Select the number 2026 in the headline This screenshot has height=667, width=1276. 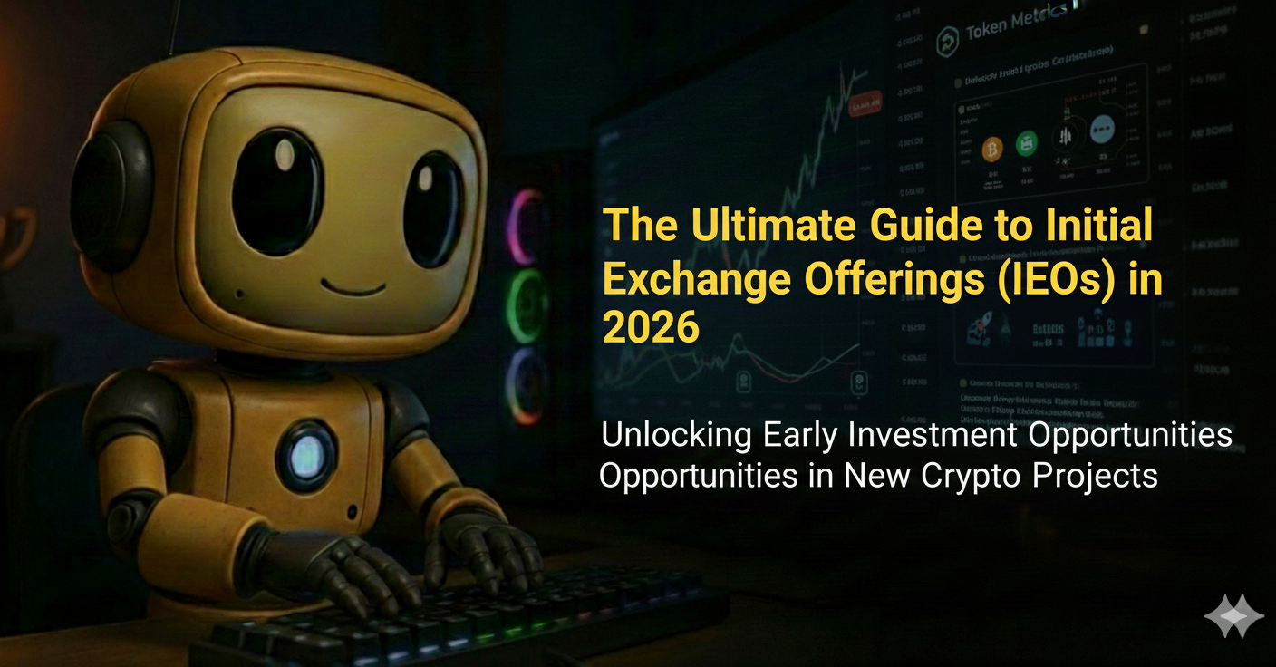pos(651,326)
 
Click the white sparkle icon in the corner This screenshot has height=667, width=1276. pos(1233,616)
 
